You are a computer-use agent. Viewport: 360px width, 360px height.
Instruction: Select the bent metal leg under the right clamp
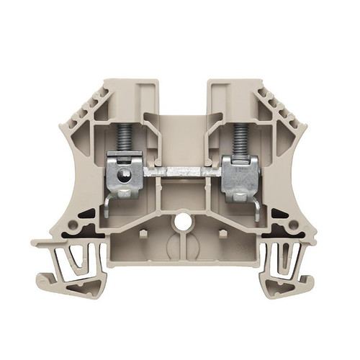(x=257, y=209)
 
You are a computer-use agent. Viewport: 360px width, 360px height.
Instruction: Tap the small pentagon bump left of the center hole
(x=143, y=234)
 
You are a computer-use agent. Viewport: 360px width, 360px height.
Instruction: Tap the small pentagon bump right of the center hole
(x=222, y=234)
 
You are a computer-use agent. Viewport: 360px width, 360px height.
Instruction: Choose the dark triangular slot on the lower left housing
(x=86, y=214)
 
